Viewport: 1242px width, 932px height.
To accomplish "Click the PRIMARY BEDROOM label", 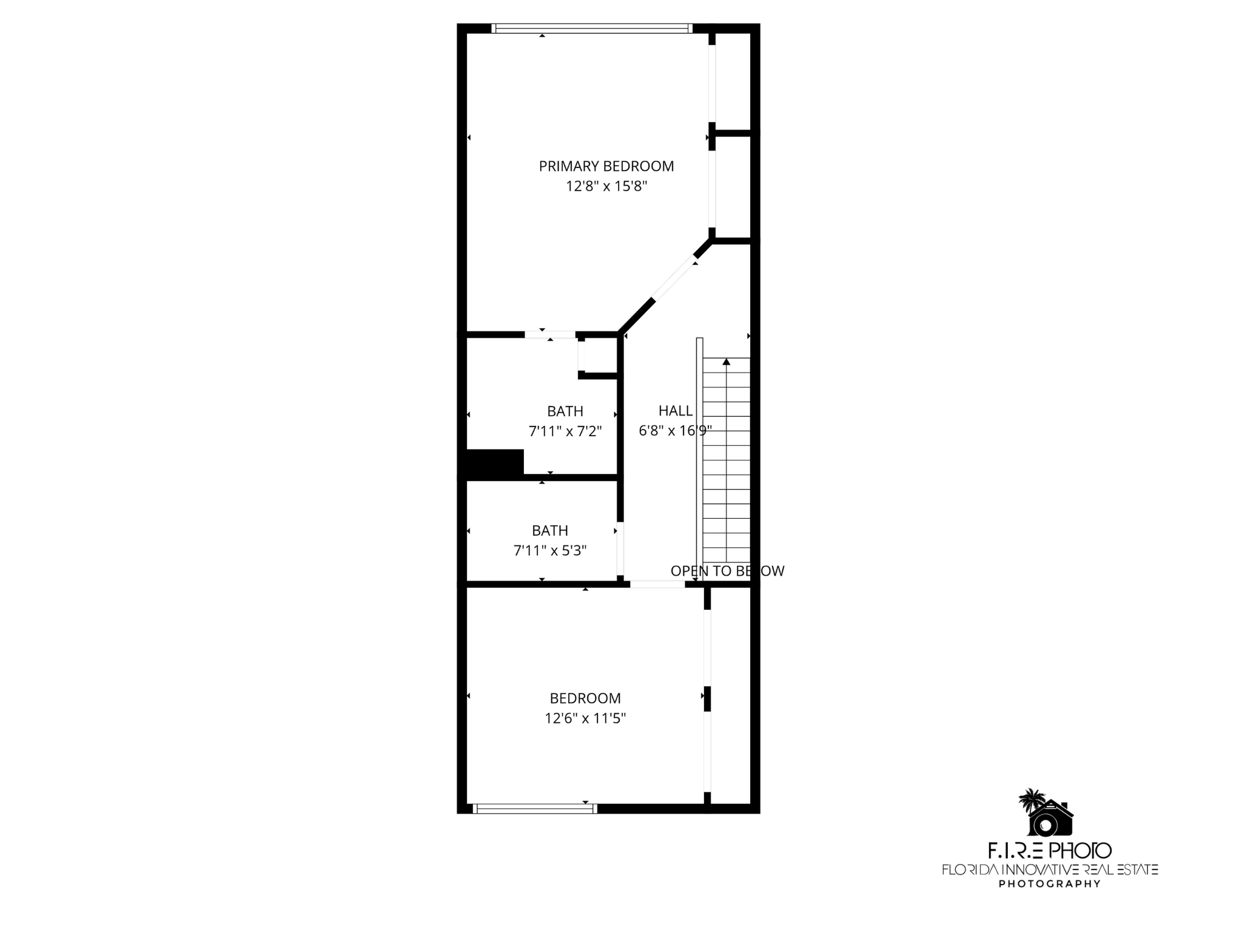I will (606, 166).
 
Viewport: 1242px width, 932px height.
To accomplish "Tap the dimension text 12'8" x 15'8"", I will (606, 186).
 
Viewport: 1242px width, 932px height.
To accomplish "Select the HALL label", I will (675, 411).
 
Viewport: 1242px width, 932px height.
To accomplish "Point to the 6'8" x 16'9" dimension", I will (675, 431).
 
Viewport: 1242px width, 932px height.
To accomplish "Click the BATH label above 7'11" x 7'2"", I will (565, 411).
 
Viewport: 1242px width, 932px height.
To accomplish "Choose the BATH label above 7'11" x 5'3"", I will (549, 530).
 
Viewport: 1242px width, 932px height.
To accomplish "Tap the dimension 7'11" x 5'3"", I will (549, 550).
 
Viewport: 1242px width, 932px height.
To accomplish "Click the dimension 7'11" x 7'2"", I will (565, 431).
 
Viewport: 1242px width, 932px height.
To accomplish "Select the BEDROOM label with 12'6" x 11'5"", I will (585, 698).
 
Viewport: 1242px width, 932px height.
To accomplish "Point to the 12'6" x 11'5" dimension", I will (585, 718).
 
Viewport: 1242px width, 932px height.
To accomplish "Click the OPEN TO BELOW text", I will (727, 571).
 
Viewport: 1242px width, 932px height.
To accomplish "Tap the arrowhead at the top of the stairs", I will (726, 362).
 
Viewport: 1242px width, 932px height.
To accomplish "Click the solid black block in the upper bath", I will (494, 464).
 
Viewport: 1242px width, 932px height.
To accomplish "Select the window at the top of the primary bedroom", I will (591, 28).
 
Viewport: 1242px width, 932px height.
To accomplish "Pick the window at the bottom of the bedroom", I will (534, 808).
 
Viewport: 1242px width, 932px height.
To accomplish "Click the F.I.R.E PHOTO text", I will (1049, 851).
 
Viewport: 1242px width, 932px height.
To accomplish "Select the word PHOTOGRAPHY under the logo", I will (1049, 883).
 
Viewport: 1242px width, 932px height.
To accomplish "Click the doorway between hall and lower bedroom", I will (657, 584).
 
